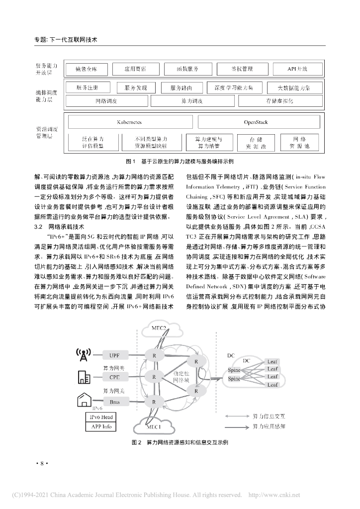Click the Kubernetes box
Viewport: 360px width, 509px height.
click(129, 122)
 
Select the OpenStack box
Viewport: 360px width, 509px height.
click(256, 122)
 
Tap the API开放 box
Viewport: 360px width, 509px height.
click(297, 69)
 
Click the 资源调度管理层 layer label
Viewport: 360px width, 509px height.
click(47, 132)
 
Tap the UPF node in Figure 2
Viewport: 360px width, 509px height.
click(114, 355)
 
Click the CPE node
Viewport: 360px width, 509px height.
click(114, 377)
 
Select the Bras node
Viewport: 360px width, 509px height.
click(114, 401)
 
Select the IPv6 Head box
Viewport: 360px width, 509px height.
click(100, 418)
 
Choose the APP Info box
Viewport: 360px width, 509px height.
click(100, 427)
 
